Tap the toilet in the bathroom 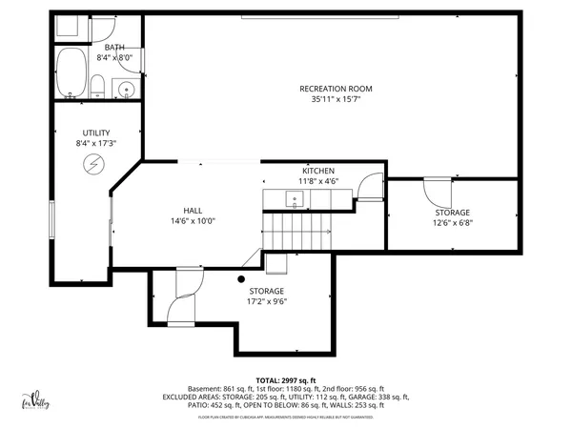coord(98,88)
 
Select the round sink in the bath coord(126,90)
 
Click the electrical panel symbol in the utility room coord(93,165)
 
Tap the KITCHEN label coord(317,171)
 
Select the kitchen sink coord(295,199)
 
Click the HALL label coord(194,211)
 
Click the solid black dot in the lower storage coord(241,279)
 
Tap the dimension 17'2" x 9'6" coord(267,301)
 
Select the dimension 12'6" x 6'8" coord(452,223)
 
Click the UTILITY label coord(96,133)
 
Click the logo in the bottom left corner coord(35,400)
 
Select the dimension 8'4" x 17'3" coord(96,143)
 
